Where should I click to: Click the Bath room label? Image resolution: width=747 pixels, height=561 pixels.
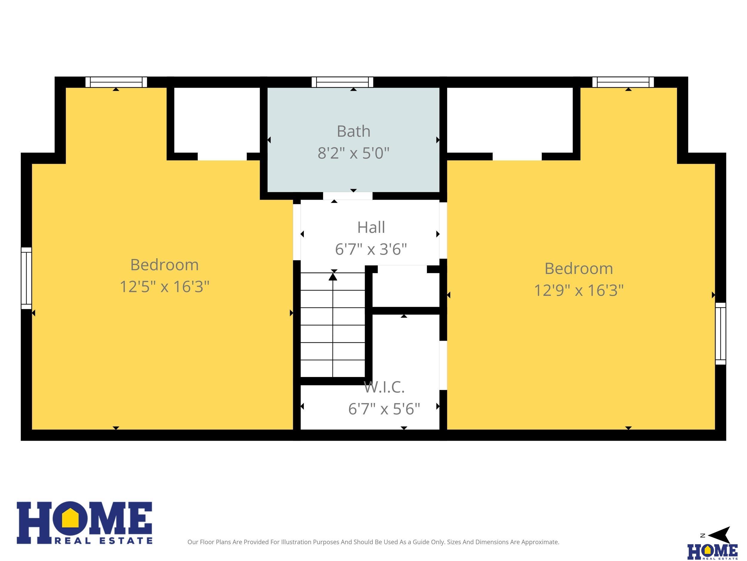click(x=353, y=131)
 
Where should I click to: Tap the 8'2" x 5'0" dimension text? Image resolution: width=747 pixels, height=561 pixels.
click(x=353, y=153)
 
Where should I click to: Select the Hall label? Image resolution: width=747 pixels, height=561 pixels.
click(x=371, y=227)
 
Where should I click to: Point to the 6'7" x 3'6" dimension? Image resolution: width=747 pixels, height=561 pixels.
click(x=371, y=249)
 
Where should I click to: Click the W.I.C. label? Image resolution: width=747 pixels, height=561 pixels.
click(x=384, y=387)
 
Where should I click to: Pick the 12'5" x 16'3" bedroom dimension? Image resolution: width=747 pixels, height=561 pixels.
click(x=164, y=287)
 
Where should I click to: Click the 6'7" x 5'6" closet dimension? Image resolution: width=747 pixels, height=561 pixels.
click(x=384, y=409)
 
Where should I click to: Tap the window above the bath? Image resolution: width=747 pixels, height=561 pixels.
click(x=342, y=82)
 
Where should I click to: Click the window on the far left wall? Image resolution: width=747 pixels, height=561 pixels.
click(x=26, y=278)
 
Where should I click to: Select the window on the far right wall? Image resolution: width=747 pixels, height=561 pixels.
click(x=720, y=333)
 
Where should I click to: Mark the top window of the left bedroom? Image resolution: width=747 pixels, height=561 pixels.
click(x=116, y=82)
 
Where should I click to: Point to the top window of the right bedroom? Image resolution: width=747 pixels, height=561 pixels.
click(x=623, y=82)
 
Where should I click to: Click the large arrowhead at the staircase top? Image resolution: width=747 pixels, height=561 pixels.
click(x=333, y=277)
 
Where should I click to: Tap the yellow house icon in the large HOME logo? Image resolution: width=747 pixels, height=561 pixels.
click(x=70, y=518)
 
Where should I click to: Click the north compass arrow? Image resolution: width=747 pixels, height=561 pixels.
click(x=719, y=535)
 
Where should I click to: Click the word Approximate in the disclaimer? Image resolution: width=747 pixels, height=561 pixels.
click(x=540, y=542)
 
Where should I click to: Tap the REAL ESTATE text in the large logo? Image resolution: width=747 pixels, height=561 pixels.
click(x=103, y=541)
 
